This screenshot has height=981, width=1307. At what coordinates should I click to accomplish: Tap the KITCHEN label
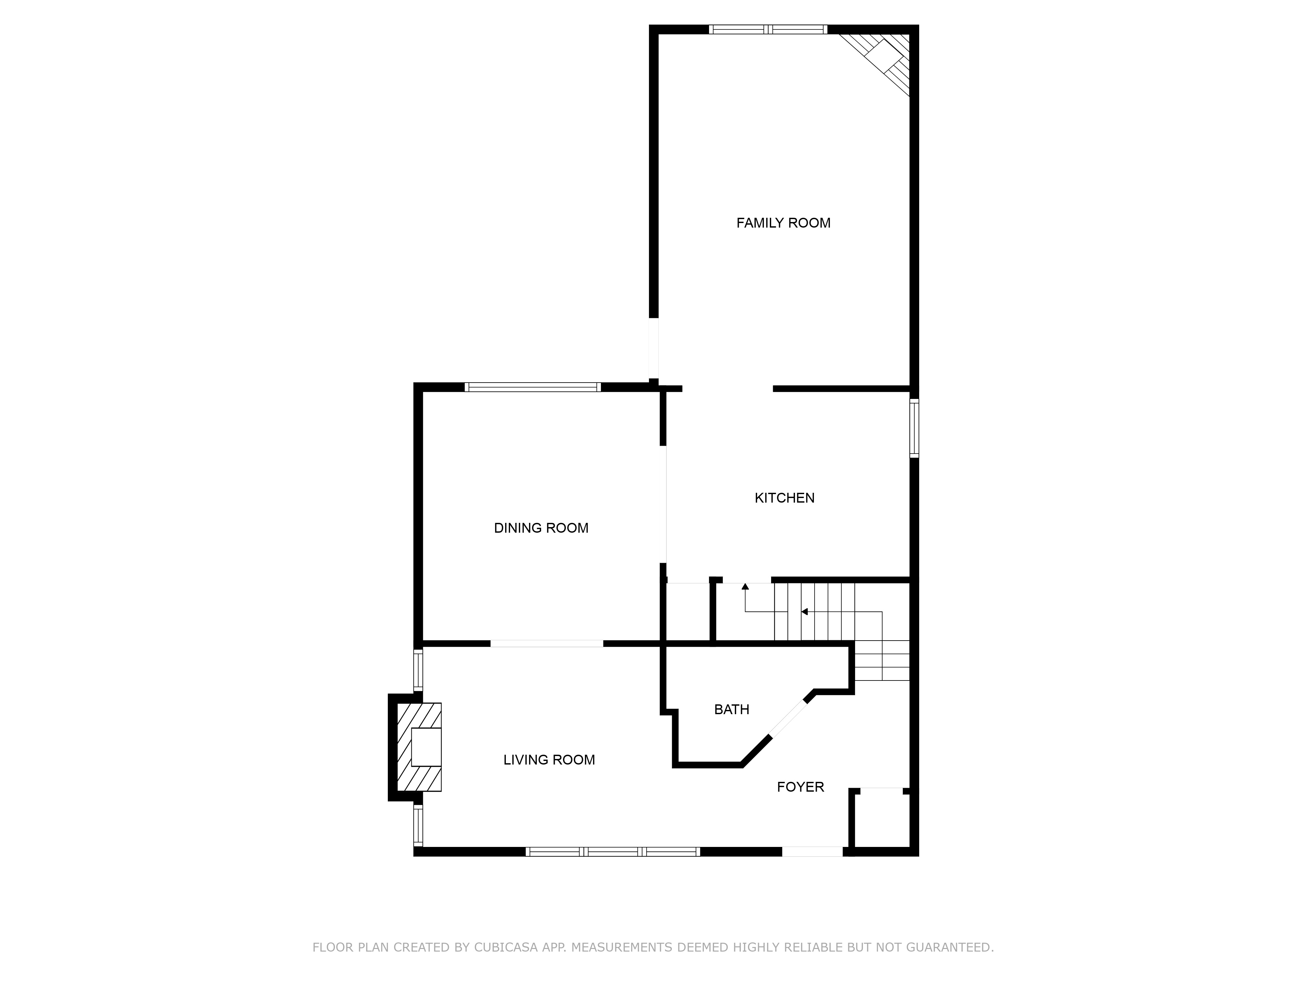pos(784,498)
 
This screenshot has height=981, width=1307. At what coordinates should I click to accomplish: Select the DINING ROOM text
pos(541,528)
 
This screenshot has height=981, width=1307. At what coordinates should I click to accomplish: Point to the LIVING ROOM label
pos(549,760)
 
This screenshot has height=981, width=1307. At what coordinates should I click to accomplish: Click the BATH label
pos(732,710)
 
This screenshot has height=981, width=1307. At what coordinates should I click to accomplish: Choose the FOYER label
pos(800,787)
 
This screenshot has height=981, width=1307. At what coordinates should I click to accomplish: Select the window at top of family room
pos(768,29)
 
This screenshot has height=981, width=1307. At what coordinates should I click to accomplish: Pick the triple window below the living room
pos(613,852)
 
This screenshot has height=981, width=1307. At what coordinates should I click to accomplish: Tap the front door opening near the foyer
pos(812,852)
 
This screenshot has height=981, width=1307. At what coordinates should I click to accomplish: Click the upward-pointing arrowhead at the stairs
pos(745,586)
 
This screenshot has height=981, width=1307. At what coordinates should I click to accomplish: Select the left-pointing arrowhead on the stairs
pos(804,611)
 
